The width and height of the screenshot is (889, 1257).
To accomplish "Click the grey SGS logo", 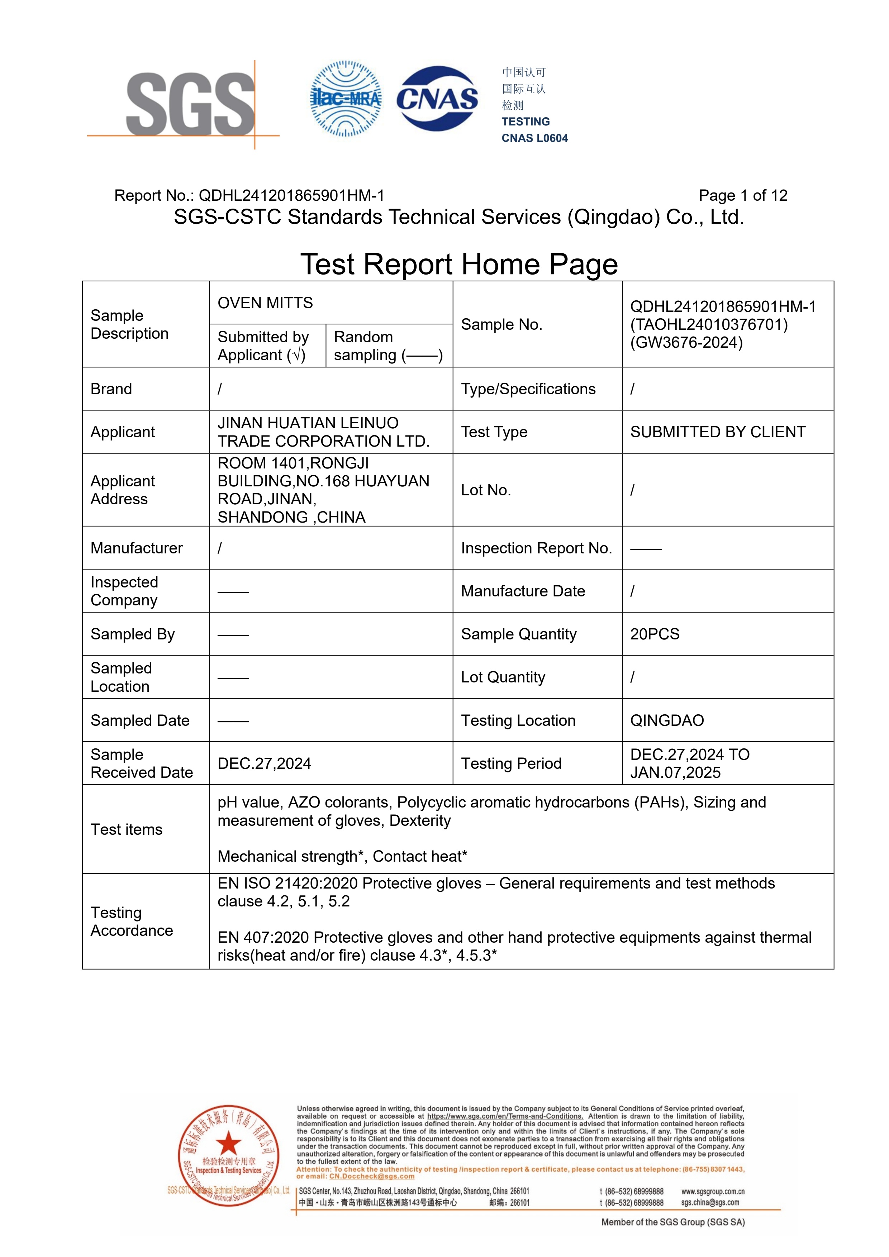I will tap(190, 104).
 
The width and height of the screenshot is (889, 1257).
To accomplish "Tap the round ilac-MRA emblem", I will tap(346, 99).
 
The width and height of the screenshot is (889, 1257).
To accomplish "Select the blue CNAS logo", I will tap(437, 99).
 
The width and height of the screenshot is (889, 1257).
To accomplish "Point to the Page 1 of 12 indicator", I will tap(742, 195).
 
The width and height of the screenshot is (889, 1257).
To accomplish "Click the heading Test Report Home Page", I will tap(459, 265).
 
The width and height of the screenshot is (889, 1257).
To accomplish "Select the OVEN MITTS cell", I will tap(266, 303).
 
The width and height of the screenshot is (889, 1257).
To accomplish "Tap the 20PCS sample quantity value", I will tap(655, 634).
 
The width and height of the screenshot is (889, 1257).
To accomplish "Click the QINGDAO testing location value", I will tap(667, 720).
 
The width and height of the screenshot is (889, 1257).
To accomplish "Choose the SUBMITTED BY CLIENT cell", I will tap(718, 432).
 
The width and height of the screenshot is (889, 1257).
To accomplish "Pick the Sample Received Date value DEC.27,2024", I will tap(265, 764).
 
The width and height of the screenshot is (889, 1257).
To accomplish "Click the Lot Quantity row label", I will tap(503, 677).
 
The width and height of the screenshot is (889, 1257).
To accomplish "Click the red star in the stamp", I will tap(228, 1144).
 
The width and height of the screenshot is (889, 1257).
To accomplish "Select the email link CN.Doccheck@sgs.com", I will tap(372, 1176).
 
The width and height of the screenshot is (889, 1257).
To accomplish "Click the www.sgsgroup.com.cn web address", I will tap(712, 1191).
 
